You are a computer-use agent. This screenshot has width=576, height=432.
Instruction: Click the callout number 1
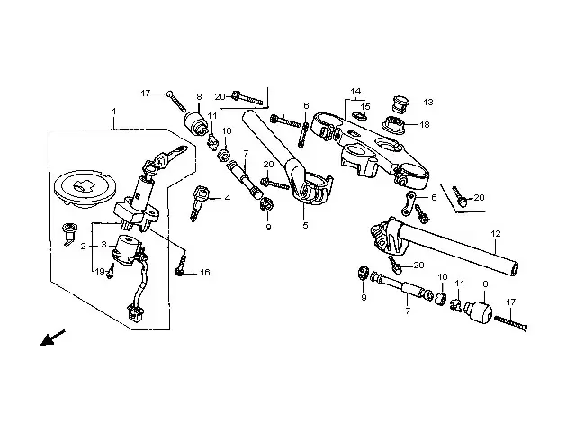[x=114, y=111]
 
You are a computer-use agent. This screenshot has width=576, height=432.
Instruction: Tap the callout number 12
[x=496, y=233]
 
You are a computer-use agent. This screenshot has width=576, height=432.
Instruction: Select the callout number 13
[x=428, y=102]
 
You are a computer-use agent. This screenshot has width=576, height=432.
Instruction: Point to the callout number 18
[x=424, y=124]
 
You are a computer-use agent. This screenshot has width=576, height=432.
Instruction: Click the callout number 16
[x=205, y=272]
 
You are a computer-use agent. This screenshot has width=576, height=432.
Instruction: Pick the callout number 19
[x=100, y=272]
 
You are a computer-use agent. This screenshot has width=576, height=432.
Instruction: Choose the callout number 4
[x=228, y=199]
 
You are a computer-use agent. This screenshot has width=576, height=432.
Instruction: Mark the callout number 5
[x=306, y=225]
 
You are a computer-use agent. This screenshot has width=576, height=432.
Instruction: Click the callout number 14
[x=355, y=92]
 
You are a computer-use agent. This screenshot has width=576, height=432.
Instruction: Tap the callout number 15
[x=365, y=107]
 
